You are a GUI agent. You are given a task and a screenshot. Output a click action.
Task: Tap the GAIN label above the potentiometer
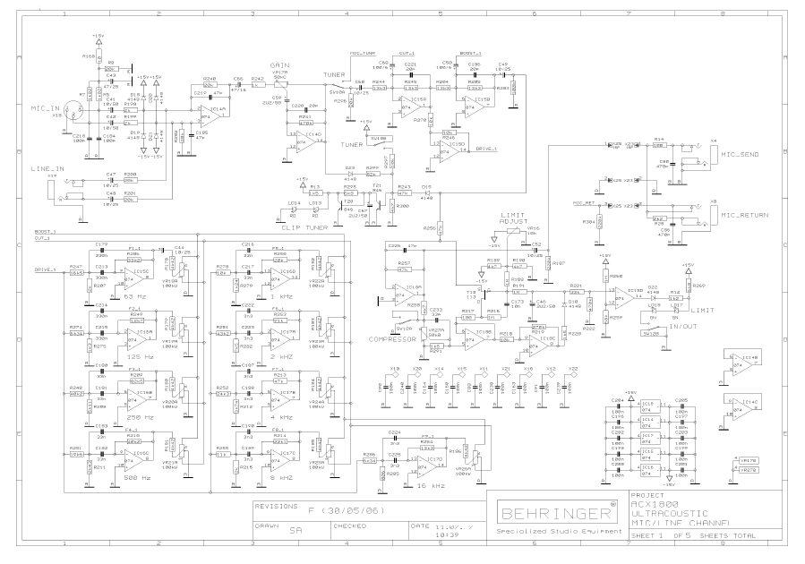click(x=278, y=65)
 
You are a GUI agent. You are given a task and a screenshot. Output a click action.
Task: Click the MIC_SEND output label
click(x=740, y=154)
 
